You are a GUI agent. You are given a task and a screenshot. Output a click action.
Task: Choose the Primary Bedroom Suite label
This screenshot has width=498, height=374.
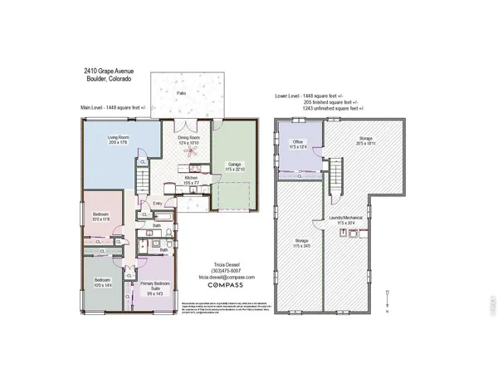coord(154,288)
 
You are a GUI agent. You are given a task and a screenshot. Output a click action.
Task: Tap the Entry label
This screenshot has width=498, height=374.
coord(158,203)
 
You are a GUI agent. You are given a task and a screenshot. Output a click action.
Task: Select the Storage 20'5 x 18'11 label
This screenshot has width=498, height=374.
coord(366,141)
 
